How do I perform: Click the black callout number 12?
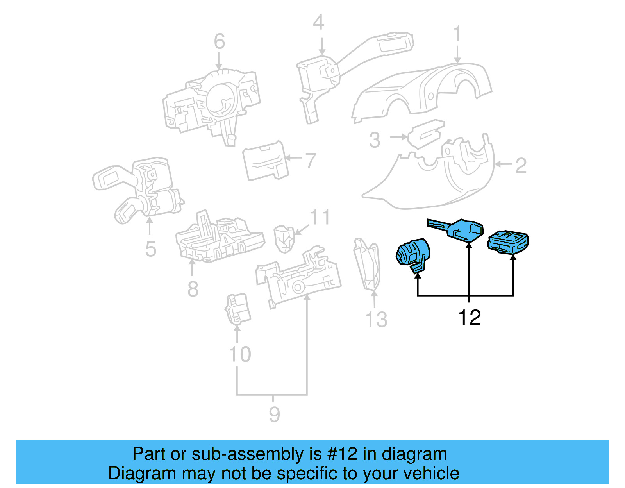(469, 318)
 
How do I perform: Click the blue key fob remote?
(508, 241)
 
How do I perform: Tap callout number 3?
(374, 140)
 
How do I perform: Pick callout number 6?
(219, 41)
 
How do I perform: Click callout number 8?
(193, 289)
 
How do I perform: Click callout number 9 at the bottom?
(274, 414)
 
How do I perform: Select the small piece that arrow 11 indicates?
(284, 238)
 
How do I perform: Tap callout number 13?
(376, 320)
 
